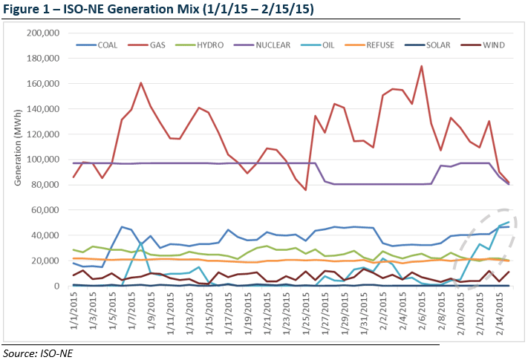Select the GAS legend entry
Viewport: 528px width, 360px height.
tap(157, 46)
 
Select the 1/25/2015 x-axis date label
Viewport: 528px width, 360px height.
tap(305, 312)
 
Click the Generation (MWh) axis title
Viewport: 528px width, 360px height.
tap(13, 160)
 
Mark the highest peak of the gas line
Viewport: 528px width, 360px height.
tap(422, 66)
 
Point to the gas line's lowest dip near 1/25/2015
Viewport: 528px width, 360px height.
tap(305, 190)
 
